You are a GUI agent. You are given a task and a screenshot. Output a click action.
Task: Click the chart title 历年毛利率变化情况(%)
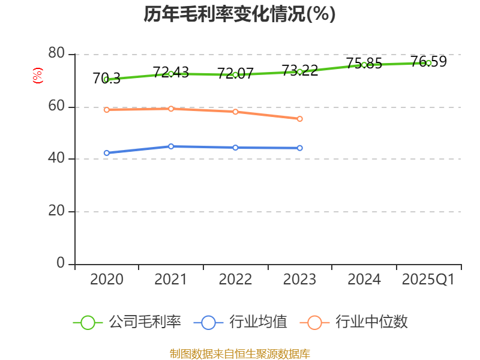point(239,14)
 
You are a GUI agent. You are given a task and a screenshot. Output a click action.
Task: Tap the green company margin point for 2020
point(106,79)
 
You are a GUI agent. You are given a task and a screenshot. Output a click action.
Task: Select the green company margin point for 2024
point(364,65)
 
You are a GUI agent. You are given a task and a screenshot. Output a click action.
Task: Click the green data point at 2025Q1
point(428,63)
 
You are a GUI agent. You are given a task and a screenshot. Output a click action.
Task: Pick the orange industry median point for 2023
point(300,119)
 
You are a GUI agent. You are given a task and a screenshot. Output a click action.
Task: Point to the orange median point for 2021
point(171,109)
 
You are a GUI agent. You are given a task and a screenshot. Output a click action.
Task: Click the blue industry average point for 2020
point(106,153)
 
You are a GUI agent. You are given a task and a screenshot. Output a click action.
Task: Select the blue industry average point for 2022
point(235,148)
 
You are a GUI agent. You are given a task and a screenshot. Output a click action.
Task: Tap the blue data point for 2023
point(300,148)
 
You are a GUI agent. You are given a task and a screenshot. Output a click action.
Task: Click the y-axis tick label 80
point(56,54)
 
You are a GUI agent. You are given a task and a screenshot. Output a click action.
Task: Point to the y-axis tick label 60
point(56,107)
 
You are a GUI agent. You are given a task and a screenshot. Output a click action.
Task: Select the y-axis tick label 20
point(56,211)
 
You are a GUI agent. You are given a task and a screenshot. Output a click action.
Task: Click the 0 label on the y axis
point(61,263)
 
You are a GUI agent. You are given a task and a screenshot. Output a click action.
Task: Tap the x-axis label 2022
point(235,280)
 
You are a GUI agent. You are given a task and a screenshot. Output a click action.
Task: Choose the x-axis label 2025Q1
point(428,280)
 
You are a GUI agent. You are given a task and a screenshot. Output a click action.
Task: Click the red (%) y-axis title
point(38,76)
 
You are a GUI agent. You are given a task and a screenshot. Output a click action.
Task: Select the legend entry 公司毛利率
point(145,322)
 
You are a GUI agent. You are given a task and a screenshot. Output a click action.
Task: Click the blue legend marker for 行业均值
point(208,322)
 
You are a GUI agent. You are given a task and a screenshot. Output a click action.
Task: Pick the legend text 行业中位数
point(371,322)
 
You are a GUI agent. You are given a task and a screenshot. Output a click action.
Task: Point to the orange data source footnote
point(239,353)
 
